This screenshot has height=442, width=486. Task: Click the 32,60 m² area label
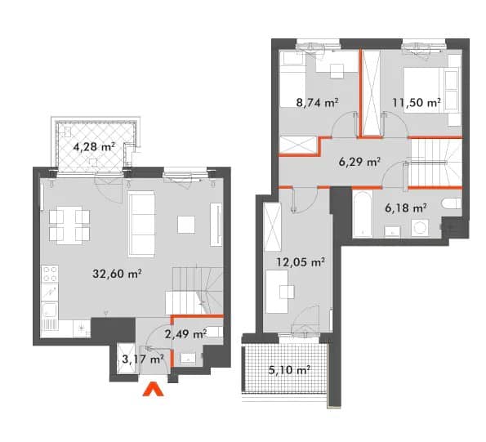point(117,274)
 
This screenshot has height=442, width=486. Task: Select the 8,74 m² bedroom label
point(317,102)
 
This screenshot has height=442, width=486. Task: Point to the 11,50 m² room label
point(417,102)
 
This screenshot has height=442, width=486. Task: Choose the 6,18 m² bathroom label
point(406,208)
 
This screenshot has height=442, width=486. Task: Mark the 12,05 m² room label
point(301,262)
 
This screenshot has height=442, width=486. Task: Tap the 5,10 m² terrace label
point(290,370)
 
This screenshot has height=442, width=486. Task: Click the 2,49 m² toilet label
point(185,334)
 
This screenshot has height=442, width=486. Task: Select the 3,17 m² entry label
point(143,359)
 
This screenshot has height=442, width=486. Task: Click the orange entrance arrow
point(153,390)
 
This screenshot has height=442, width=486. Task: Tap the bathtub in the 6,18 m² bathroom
point(363,214)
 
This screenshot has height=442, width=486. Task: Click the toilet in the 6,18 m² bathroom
point(452,203)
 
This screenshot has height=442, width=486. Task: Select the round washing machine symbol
point(420,228)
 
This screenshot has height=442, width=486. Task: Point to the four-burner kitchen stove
point(50,274)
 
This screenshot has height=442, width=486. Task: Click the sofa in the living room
point(141,224)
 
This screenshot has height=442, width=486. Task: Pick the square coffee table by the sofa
point(186,225)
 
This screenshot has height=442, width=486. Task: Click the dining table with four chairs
point(69,225)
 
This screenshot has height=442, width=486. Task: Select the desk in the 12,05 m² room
point(277,292)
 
